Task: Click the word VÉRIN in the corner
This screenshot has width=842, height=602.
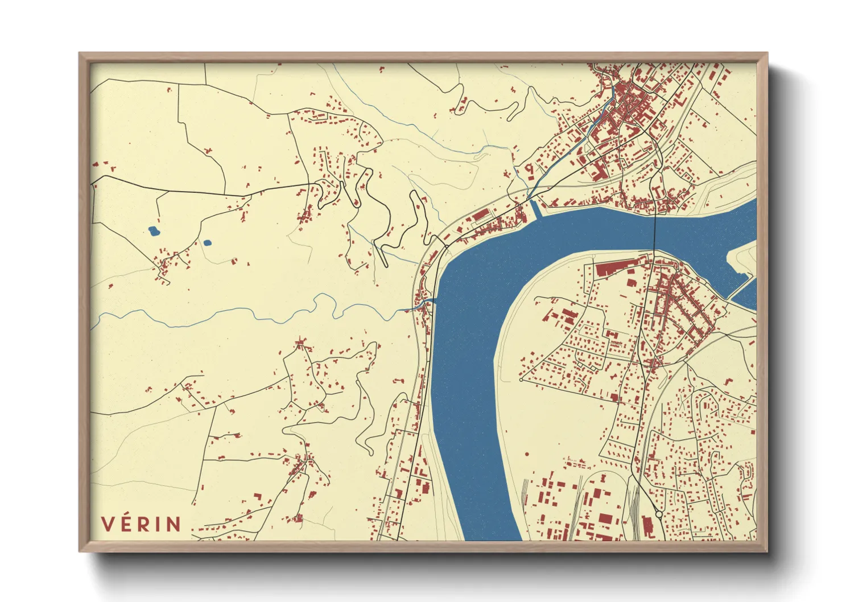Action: pos(141,523)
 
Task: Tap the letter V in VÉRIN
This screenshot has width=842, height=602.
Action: pos(107,524)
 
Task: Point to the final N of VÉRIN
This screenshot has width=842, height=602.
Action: pos(174,524)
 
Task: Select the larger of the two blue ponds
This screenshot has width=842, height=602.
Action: pos(154,231)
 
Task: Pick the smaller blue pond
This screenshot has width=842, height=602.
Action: pos(208,243)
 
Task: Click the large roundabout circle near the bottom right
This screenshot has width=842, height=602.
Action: pos(659,514)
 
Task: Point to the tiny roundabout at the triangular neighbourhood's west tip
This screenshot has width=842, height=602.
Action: pos(521,380)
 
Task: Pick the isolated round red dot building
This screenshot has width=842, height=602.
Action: pos(527,454)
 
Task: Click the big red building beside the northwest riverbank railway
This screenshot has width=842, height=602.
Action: pos(481,214)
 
